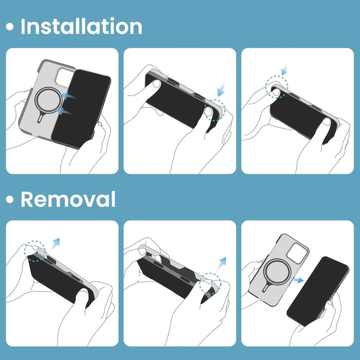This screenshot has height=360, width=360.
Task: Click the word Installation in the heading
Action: coord(81,26)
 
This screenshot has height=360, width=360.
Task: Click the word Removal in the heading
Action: coord(68,200)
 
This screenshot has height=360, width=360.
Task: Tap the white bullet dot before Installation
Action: coord(10,27)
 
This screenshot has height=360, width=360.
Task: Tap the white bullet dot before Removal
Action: coord(10,200)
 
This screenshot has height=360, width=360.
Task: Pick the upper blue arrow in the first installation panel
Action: coord(68,96)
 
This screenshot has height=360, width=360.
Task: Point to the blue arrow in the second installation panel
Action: coord(221,89)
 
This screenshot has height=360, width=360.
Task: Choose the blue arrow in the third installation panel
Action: coord(285,70)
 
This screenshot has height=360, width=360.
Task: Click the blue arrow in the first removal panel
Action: coord(55,244)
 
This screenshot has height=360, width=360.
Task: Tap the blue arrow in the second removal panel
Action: coord(221,264)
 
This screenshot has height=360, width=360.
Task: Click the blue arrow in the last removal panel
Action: coord(298,280)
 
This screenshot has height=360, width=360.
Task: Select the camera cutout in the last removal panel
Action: coord(297,254)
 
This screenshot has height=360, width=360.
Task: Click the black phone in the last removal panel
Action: coord(318,291)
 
